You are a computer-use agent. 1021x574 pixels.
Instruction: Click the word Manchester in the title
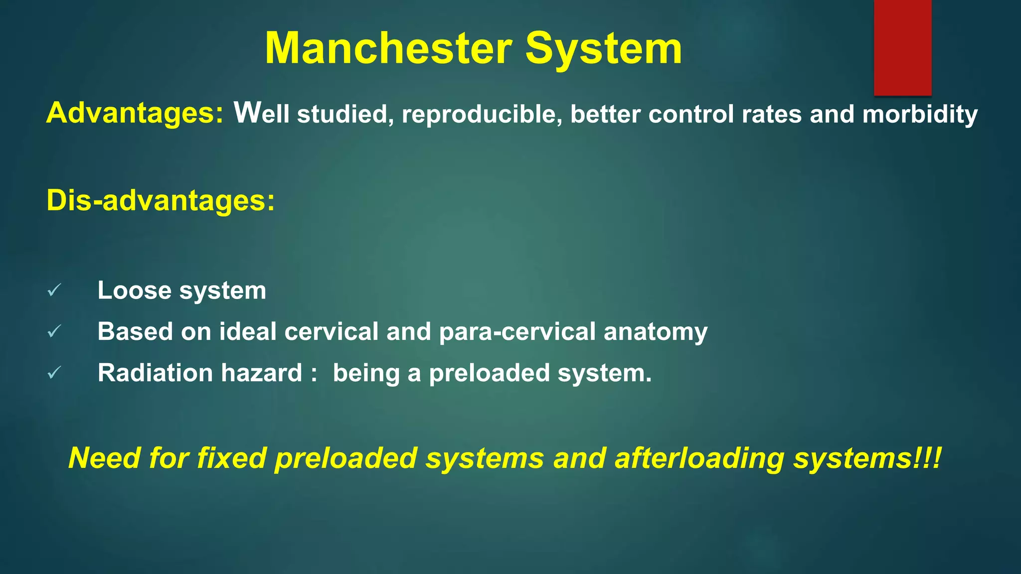point(388,48)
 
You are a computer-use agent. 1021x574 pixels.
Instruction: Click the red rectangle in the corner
point(902,47)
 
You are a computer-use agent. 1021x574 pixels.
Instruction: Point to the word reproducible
point(482,114)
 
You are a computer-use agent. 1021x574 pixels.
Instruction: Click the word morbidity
point(920,114)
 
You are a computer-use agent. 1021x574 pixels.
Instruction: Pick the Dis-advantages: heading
point(161,200)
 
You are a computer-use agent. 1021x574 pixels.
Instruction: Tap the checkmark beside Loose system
point(54,290)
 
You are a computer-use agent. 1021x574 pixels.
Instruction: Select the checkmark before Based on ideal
point(54,331)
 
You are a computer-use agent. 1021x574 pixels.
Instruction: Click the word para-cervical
point(517,332)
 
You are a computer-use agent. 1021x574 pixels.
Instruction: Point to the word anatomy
point(655,332)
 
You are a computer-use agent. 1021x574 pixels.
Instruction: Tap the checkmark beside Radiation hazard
point(54,373)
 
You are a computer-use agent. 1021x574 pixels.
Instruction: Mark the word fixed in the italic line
point(231,458)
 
